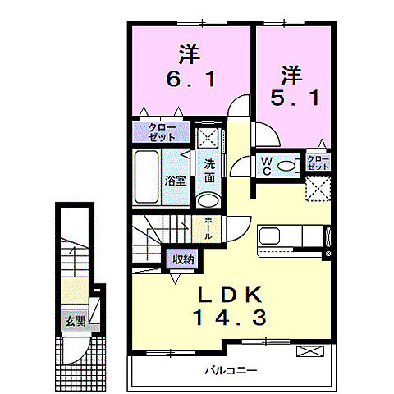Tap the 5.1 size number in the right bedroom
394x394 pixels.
point(291,96)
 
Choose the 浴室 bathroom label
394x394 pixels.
point(174,180)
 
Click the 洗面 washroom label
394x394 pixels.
point(210,170)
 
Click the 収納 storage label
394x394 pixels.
point(183,259)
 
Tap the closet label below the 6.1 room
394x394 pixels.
point(161,132)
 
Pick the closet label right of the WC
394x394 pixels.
point(318,162)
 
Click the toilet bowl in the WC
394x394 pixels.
point(288,167)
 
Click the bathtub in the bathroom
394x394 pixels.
point(149,178)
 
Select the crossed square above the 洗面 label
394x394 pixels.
point(207,136)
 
